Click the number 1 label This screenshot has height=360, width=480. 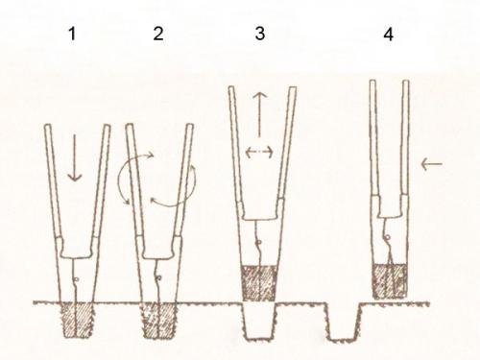[x=73, y=34]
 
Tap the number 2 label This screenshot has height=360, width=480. [x=158, y=34]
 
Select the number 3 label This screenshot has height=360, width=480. [x=260, y=34]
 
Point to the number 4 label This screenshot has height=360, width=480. [x=388, y=34]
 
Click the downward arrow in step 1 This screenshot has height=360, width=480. [x=75, y=157]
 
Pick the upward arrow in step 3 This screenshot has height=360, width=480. [x=259, y=113]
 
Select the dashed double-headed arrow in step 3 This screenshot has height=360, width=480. [x=259, y=152]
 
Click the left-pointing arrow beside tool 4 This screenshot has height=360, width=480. [x=432, y=164]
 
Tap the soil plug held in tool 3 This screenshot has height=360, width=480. [x=258, y=283]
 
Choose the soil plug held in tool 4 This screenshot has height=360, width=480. [x=390, y=281]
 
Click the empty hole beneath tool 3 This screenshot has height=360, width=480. [x=259, y=322]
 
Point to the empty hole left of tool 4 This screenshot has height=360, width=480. [x=343, y=323]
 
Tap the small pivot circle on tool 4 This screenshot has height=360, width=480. [x=388, y=238]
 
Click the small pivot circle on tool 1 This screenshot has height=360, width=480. [x=76, y=279]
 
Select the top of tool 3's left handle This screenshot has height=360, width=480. [x=231, y=87]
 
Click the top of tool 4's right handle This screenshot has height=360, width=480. [x=406, y=82]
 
